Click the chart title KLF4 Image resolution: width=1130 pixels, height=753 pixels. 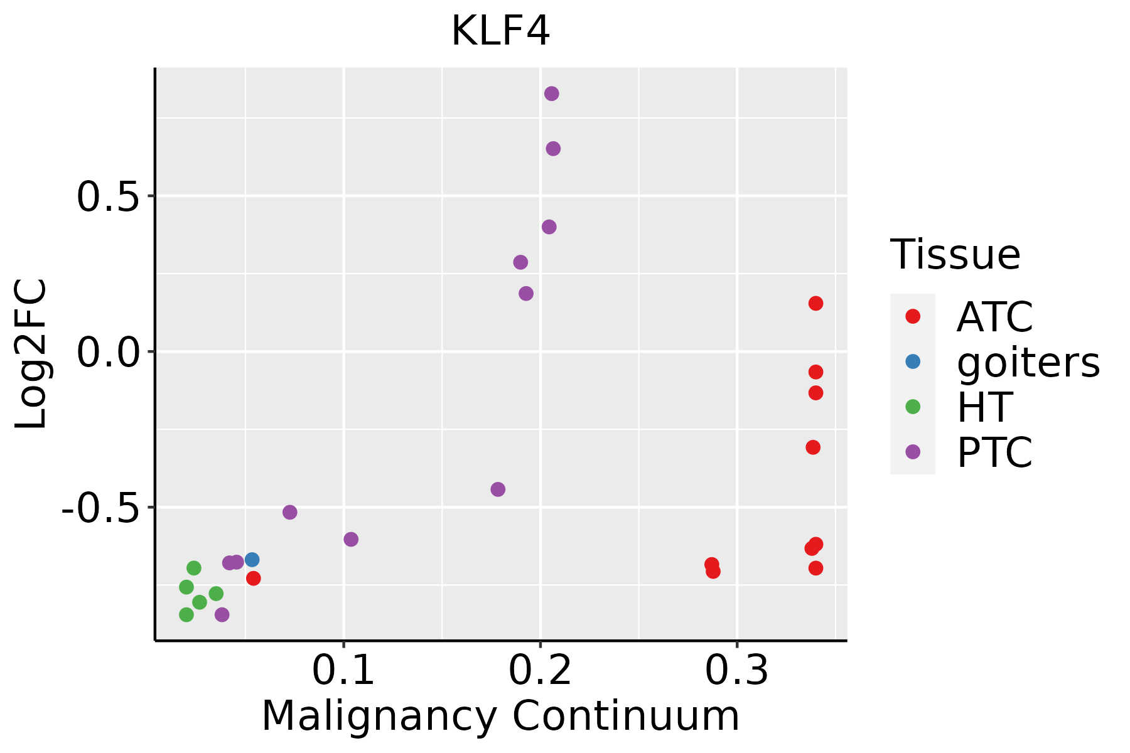pyautogui.click(x=500, y=31)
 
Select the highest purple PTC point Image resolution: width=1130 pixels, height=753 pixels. pyautogui.click(x=552, y=94)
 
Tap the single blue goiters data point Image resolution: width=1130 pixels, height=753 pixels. pyautogui.click(x=252, y=560)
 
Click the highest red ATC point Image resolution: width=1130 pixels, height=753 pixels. pyautogui.click(x=815, y=304)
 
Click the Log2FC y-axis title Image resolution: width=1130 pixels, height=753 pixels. pyautogui.click(x=31, y=354)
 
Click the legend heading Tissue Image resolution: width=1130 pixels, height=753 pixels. pyautogui.click(x=955, y=255)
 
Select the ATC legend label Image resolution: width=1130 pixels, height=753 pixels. pyautogui.click(x=994, y=317)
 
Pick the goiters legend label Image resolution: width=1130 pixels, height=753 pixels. pyautogui.click(x=1028, y=362)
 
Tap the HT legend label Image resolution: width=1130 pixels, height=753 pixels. pyautogui.click(x=984, y=407)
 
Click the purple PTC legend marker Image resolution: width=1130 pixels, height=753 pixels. pyautogui.click(x=913, y=452)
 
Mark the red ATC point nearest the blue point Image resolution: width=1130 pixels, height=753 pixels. pyautogui.click(x=254, y=579)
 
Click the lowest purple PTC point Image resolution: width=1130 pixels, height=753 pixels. pyautogui.click(x=222, y=615)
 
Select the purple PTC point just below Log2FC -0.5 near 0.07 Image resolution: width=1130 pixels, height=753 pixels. pyautogui.click(x=289, y=513)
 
